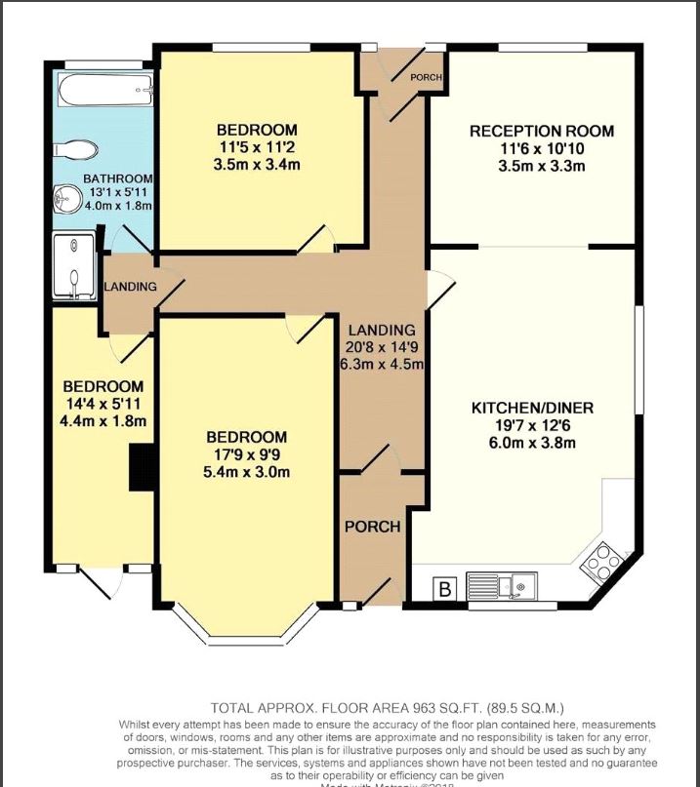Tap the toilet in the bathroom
76,148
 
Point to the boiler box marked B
445,588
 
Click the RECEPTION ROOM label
528,131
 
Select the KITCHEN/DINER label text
532,407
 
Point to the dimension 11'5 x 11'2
257,147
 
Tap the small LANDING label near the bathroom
131,287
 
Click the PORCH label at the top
426,77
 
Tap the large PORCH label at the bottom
372,527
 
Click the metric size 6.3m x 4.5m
382,365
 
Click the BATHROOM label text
117,178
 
